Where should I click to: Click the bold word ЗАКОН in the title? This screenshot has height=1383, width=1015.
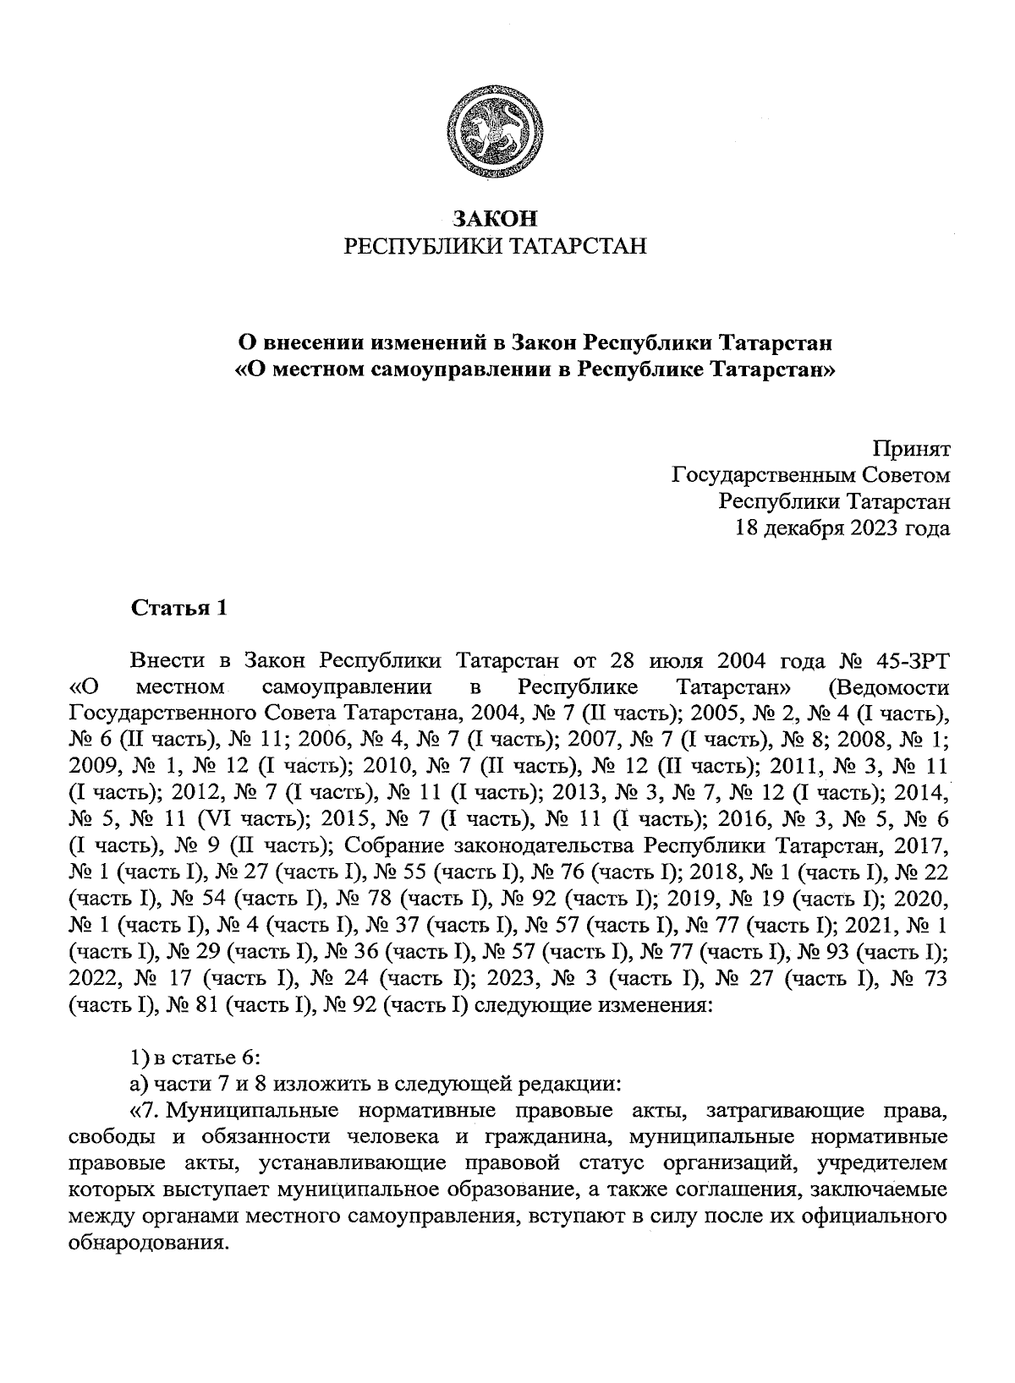click(495, 219)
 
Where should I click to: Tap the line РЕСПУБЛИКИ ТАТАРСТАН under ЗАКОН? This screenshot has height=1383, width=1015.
click(495, 246)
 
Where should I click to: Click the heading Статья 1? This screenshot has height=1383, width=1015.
click(178, 609)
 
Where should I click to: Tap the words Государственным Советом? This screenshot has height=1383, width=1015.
click(810, 475)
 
